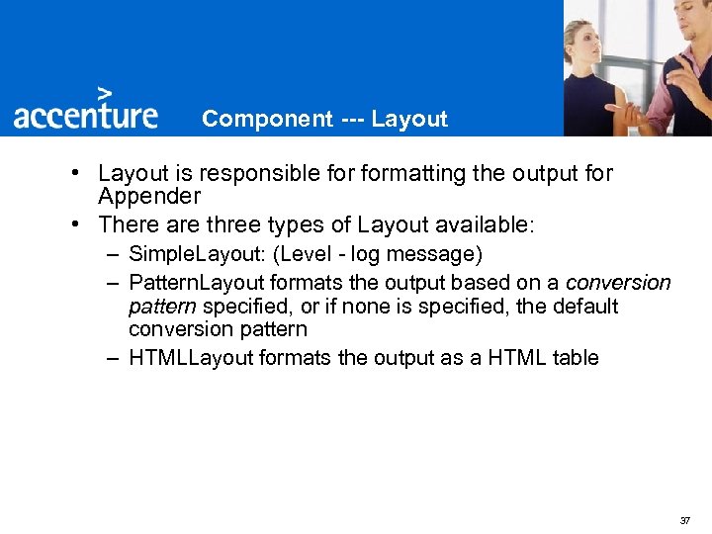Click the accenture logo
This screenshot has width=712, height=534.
pos(86,115)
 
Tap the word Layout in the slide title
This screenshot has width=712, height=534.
pos(409,120)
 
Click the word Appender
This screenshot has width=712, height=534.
pos(149,197)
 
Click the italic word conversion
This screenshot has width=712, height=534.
pos(618,283)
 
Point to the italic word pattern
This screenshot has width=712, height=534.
pos(162,307)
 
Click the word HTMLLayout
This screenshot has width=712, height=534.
pos(191,358)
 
